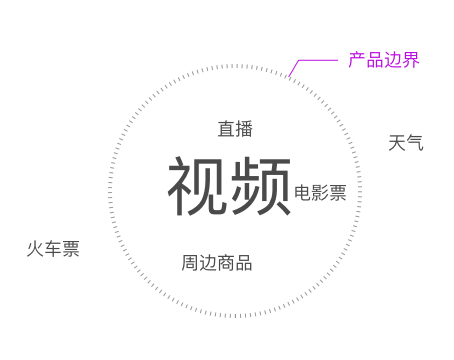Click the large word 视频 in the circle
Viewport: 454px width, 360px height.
[229, 186]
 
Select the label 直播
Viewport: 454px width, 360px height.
[235, 129]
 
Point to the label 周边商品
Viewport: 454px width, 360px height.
[217, 263]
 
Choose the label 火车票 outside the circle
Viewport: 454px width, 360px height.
[53, 249]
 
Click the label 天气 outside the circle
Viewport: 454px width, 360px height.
[406, 143]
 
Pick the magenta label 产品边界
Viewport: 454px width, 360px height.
[383, 60]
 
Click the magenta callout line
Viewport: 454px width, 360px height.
[316, 61]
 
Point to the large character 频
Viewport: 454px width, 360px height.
[260, 186]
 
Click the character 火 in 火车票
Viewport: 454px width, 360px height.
[35, 249]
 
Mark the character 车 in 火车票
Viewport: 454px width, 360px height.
[53, 249]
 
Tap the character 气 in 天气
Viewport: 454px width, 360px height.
[415, 143]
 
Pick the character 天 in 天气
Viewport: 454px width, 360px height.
[397, 143]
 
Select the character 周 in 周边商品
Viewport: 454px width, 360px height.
[190, 263]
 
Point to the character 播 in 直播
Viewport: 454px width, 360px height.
[244, 129]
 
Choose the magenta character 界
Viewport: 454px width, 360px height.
[410, 60]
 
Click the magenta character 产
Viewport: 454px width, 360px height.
[357, 60]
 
